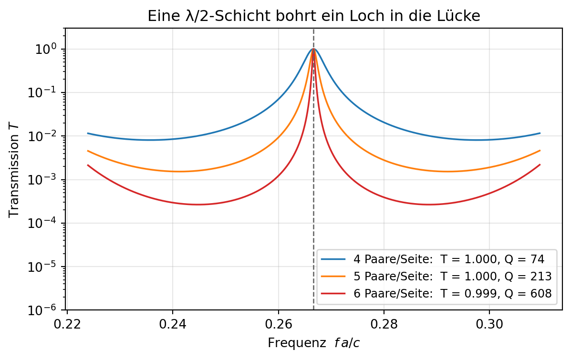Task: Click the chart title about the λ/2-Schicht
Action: tap(313, 16)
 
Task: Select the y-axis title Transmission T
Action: tap(14, 171)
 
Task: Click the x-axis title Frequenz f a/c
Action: tap(313, 343)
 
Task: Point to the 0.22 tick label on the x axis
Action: tap(67, 324)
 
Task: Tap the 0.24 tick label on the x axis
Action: tap(173, 324)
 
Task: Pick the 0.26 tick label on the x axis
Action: tap(278, 324)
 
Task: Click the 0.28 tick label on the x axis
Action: tap(384, 324)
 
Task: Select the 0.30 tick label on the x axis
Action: tap(489, 324)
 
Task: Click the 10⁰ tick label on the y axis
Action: tap(45, 49)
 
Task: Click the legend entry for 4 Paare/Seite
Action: tap(433, 259)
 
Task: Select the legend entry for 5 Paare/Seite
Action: tap(436, 276)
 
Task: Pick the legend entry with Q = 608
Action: tap(436, 293)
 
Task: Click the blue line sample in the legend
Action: tap(333, 259)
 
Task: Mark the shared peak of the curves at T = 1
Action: tap(313, 49)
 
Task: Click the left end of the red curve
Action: tap(87, 165)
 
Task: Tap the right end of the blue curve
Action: tap(540, 133)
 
